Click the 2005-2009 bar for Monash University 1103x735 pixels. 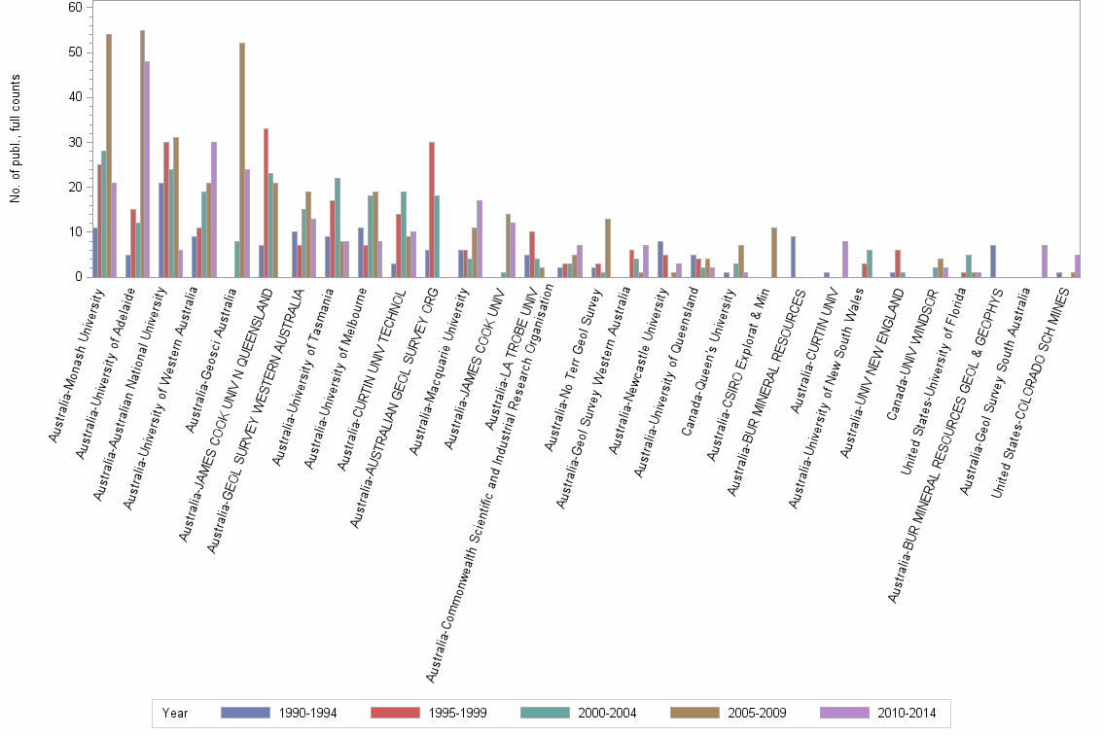tap(109, 156)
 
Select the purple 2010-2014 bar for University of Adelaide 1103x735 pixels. tap(147, 169)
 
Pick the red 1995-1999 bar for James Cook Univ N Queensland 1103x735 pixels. tap(266, 203)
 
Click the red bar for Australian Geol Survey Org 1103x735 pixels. tap(431, 210)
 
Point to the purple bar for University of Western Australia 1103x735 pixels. tap(214, 210)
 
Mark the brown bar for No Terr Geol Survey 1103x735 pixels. tap(608, 248)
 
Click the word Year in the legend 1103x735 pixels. tap(176, 714)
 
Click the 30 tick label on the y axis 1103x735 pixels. tap(75, 142)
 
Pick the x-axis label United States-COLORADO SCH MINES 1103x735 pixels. tap(1034, 389)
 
